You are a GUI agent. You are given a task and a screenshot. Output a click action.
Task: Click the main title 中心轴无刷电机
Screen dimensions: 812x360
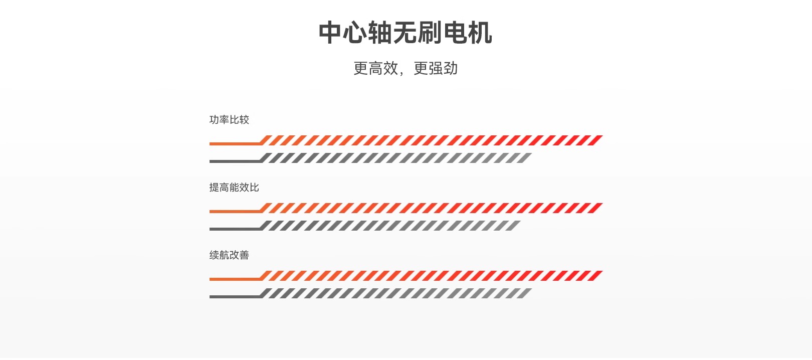(x=405, y=33)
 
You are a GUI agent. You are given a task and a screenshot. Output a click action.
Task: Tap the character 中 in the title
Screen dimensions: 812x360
(x=330, y=33)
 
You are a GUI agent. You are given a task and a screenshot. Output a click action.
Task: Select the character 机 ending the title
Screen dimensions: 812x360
(x=480, y=33)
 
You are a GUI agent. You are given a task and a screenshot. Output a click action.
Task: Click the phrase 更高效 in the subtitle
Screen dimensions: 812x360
(x=375, y=68)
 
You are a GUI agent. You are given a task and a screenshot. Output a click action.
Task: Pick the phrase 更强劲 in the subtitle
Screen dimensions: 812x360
(x=436, y=68)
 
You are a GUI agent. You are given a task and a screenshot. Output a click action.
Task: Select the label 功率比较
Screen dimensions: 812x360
(x=229, y=120)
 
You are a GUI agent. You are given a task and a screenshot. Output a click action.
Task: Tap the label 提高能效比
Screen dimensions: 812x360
(x=234, y=188)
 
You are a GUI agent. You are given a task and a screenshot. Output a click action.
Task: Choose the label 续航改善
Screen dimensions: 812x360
(x=229, y=255)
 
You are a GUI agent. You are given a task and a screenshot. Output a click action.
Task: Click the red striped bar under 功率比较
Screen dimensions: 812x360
(x=431, y=140)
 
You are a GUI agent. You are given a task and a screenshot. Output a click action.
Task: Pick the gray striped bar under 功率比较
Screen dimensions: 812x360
(x=396, y=158)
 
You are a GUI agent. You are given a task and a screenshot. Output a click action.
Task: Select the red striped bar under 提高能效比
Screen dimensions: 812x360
(x=431, y=208)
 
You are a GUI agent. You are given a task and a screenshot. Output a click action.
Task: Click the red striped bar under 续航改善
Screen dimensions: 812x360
(x=431, y=276)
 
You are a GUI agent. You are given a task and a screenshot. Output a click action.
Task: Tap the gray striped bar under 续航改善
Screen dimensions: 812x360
(x=396, y=293)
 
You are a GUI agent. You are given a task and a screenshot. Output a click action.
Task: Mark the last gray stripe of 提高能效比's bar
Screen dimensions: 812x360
(x=514, y=226)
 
